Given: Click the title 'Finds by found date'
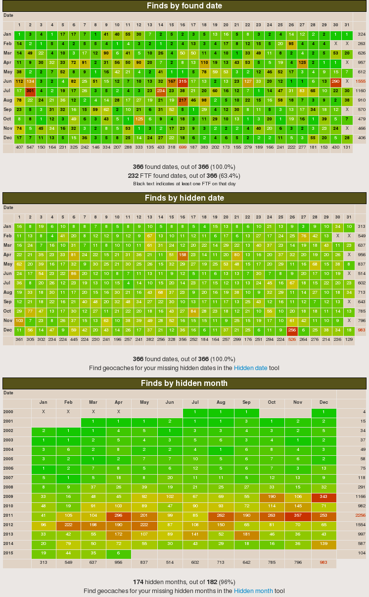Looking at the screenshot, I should [x=184, y=6].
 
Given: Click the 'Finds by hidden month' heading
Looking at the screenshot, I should [x=184, y=383].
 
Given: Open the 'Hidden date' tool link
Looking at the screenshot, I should [x=250, y=368].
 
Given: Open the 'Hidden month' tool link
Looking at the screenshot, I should [x=253, y=591].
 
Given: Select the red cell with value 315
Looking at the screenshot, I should [x=182, y=81].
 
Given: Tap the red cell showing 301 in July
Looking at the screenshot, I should [x=30, y=91].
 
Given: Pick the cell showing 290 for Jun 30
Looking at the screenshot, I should [x=336, y=81].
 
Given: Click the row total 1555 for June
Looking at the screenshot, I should [x=361, y=81].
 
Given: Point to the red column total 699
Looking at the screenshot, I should [x=182, y=147].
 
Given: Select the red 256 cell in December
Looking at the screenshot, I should [x=292, y=330].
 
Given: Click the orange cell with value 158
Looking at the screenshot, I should [x=182, y=255].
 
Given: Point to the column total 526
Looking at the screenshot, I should [x=292, y=339].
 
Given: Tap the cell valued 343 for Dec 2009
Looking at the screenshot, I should [x=323, y=496].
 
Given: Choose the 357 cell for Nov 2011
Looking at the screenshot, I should [x=298, y=515].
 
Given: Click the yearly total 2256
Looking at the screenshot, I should [x=360, y=515].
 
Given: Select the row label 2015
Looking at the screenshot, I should [x=8, y=553].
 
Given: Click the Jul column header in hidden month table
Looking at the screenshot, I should [x=195, y=403].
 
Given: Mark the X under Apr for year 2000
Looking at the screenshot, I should [x=119, y=412].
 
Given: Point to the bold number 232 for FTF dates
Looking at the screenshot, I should [x=133, y=175].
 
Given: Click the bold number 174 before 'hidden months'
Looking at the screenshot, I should [x=138, y=582].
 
